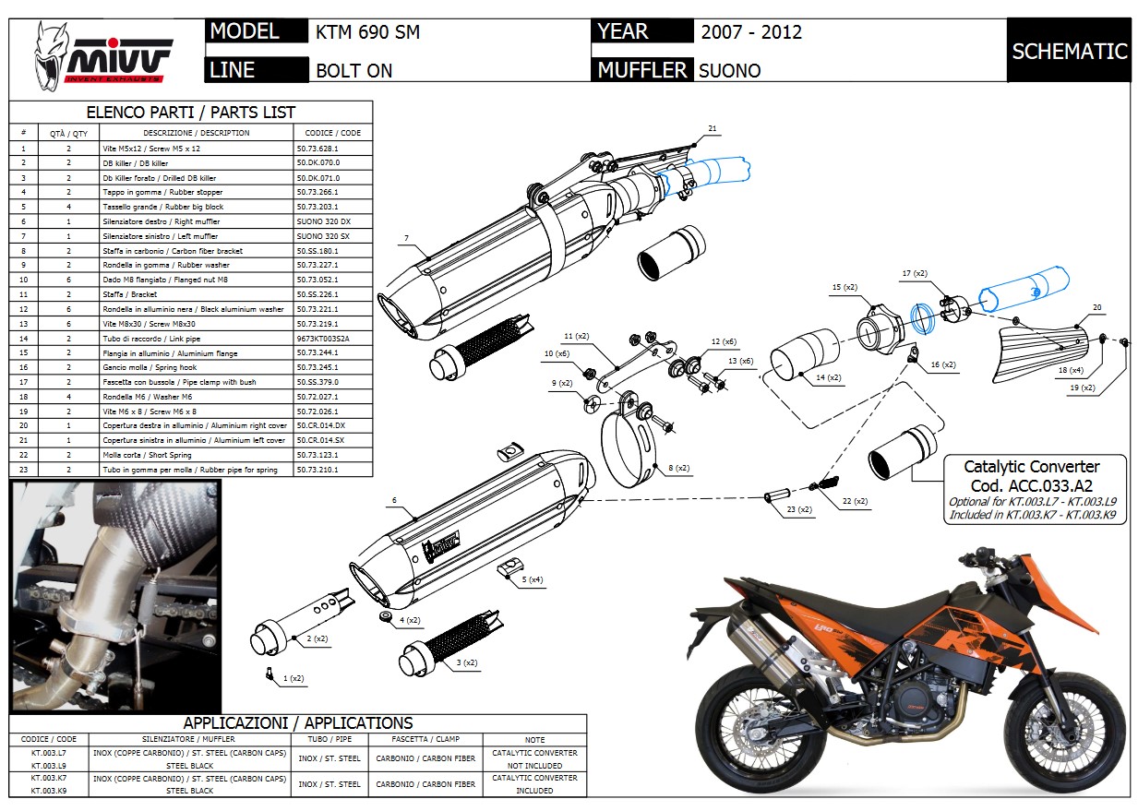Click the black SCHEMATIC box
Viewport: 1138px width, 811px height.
(1069, 51)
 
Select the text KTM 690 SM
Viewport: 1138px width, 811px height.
(367, 32)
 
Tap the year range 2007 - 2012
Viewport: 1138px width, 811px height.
(750, 32)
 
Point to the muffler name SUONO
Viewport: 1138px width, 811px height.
(729, 70)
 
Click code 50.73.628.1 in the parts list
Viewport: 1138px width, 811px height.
(318, 148)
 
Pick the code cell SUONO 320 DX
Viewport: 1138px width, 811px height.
(324, 221)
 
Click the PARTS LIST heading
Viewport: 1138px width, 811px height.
(190, 113)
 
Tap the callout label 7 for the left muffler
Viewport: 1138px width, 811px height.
(406, 240)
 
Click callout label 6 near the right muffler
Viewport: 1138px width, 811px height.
(394, 501)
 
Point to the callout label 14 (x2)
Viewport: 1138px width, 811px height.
(827, 378)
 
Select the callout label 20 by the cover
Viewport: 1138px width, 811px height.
(1096, 307)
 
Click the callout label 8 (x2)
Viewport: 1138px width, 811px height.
(677, 469)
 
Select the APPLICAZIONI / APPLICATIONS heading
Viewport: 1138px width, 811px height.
(297, 723)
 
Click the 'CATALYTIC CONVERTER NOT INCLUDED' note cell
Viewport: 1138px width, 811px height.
(534, 759)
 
